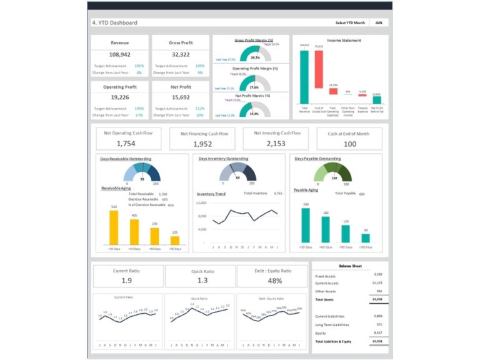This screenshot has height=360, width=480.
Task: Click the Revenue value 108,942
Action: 119,54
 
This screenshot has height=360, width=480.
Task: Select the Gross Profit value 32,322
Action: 180,54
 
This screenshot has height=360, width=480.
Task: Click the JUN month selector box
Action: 378,22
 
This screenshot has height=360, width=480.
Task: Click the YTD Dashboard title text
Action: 115,23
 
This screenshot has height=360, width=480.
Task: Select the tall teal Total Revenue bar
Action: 304,76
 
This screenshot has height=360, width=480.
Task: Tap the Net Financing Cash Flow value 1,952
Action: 204,144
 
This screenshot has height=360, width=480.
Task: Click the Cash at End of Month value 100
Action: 350,144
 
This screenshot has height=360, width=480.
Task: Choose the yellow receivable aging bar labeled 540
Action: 113,227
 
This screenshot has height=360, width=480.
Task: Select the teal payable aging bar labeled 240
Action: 306,225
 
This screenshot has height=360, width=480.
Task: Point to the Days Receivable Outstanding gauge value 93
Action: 142,179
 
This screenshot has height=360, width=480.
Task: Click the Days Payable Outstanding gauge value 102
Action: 334,178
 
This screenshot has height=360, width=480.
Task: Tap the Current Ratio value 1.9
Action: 126,281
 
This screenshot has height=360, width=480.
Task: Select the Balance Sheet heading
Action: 350,266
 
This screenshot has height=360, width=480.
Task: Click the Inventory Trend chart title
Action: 211,194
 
